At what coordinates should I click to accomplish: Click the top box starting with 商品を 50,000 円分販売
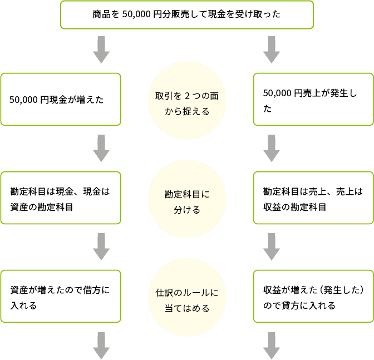click(x=186, y=14)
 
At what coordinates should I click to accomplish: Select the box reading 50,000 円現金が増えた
click(x=61, y=100)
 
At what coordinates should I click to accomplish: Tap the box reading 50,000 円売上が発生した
click(x=313, y=100)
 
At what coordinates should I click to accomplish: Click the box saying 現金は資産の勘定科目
click(x=61, y=198)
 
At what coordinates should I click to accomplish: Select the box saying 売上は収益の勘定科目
click(x=313, y=198)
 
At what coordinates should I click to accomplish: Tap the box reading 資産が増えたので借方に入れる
click(x=61, y=297)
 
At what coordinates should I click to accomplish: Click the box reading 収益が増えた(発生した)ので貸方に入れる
click(x=313, y=297)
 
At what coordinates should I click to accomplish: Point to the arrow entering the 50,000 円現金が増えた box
click(x=101, y=50)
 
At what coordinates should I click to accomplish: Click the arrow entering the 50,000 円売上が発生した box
click(x=271, y=50)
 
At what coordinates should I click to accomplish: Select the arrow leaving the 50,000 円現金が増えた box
click(x=101, y=148)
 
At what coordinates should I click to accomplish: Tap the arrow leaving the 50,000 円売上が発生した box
click(x=271, y=148)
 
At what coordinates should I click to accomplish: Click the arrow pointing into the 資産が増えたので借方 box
click(x=101, y=246)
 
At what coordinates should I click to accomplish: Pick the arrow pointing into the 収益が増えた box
click(x=271, y=246)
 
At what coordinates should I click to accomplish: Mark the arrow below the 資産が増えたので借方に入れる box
click(x=101, y=345)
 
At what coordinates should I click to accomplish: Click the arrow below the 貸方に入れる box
click(x=271, y=345)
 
